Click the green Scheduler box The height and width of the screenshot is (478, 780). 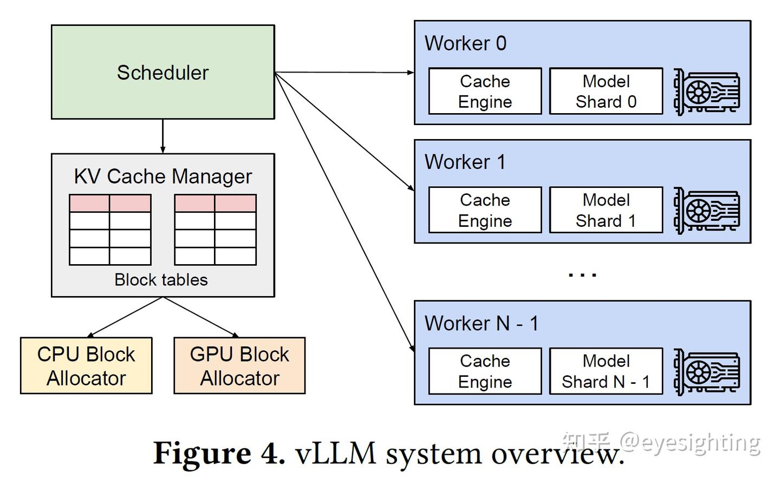pos(162,72)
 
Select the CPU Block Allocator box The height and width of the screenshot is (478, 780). pos(86,365)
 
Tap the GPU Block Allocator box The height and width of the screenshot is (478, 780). pos(239,365)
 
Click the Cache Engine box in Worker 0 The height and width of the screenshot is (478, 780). pos(485,91)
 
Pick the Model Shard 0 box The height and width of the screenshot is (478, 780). pos(606,91)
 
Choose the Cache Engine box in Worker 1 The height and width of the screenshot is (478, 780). pos(485,210)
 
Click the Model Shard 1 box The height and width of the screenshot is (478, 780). pos(606,210)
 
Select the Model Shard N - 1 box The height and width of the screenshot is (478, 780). pos(606,371)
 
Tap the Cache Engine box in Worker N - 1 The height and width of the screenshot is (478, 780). pos(485,371)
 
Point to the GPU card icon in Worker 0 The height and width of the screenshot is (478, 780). pos(706,92)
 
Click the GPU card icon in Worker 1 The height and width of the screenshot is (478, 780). pos(706,211)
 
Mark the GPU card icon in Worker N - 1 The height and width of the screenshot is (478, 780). pos(706,372)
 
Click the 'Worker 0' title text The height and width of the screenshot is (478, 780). pos(465,43)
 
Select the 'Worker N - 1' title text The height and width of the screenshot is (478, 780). pos(481,323)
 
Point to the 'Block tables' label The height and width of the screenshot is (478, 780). pos(161,279)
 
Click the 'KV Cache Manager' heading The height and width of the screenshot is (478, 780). pos(162,176)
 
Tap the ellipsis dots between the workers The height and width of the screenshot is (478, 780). pos(582,274)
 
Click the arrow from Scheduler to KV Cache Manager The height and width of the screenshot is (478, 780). pos(162,136)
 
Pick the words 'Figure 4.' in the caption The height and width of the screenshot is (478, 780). pos(219,453)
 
